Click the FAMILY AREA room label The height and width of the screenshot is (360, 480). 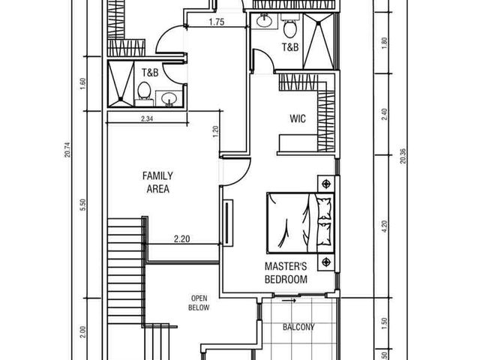pyautogui.click(x=157, y=182)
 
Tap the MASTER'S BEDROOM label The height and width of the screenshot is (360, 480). pyautogui.click(x=286, y=273)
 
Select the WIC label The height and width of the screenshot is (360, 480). pyautogui.click(x=298, y=118)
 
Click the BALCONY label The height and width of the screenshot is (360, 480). pyautogui.click(x=298, y=327)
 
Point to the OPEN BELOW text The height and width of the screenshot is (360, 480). pyautogui.click(x=199, y=303)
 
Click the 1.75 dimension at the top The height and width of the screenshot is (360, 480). pyautogui.click(x=217, y=22)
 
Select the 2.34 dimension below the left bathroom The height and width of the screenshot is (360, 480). pyautogui.click(x=147, y=118)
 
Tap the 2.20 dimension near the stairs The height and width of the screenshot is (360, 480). pyautogui.click(x=181, y=238)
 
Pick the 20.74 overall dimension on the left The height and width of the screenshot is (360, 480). pyautogui.click(x=67, y=150)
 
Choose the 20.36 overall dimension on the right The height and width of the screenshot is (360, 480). pyautogui.click(x=403, y=156)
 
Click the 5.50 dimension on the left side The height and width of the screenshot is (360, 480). pyautogui.click(x=82, y=205)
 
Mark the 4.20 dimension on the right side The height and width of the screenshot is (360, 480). pyautogui.click(x=385, y=226)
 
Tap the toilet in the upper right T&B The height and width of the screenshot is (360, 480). pyautogui.click(x=289, y=27)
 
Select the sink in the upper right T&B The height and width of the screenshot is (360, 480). pyautogui.click(x=264, y=21)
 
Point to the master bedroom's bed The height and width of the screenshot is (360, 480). pyautogui.click(x=300, y=223)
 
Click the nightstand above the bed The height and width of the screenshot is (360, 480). pyautogui.click(x=327, y=184)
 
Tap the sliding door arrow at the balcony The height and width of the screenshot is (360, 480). pyautogui.click(x=289, y=301)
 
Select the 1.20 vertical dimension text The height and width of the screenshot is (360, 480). pyautogui.click(x=216, y=132)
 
